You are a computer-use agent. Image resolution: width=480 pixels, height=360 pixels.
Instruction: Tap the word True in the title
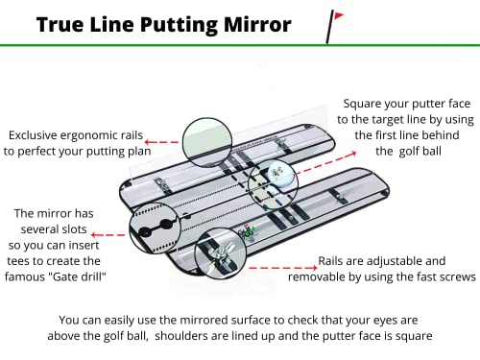pos(60,24)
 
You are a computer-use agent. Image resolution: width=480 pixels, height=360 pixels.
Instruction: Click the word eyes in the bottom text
pos(390,320)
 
